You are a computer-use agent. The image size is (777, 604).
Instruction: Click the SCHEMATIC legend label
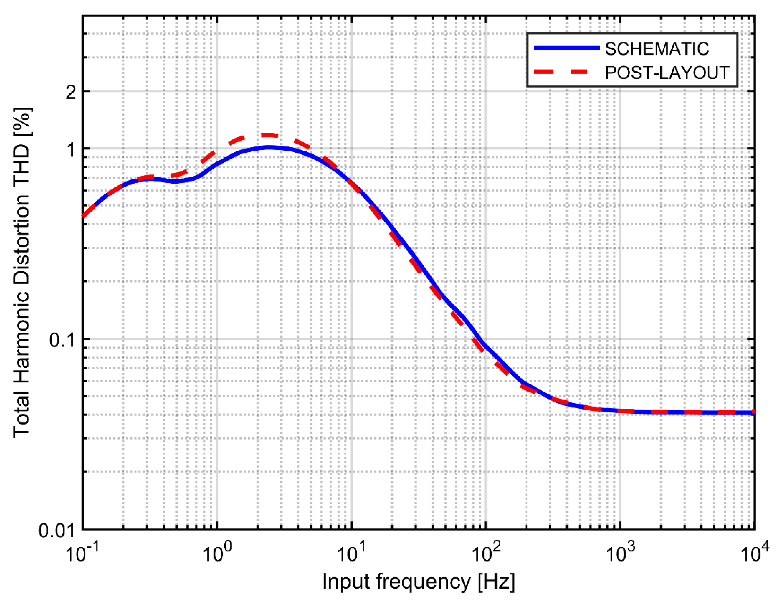click(x=657, y=49)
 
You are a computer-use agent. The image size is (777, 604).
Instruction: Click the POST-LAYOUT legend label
click(x=667, y=73)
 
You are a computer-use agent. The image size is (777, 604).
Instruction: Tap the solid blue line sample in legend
click(x=567, y=48)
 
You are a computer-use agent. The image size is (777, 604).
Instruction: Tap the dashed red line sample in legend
click(x=567, y=72)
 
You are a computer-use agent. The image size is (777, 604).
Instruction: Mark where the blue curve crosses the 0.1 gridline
click(x=481, y=339)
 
